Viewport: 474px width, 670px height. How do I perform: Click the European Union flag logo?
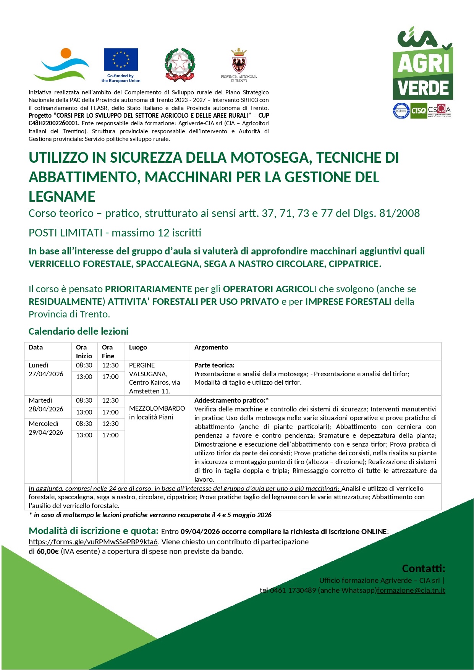tap(121, 60)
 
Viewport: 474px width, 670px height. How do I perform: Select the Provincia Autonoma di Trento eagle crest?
tap(239, 62)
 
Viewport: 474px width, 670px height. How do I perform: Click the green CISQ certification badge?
tap(418, 111)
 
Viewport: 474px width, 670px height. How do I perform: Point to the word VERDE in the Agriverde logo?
tap(423, 88)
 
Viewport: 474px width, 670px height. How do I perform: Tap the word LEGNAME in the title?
tap(62, 197)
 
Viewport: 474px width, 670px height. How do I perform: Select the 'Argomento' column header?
tap(211, 347)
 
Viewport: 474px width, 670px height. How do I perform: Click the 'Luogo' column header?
tap(138, 347)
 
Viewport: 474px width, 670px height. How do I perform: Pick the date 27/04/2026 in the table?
tap(46, 374)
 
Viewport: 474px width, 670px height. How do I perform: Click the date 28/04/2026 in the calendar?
tap(46, 409)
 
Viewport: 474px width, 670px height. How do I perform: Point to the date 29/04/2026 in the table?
tap(46, 432)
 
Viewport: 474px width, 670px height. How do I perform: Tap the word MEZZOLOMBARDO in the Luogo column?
tap(157, 408)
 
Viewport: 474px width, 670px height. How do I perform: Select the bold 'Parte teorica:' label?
tap(214, 365)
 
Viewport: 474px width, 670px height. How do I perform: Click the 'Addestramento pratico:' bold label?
tap(231, 400)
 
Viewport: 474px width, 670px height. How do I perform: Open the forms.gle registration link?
tap(93, 542)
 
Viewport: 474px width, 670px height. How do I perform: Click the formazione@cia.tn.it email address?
tap(411, 590)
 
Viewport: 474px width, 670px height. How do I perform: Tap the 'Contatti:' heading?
tap(424, 569)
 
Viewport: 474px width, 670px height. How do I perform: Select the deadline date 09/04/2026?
tap(200, 532)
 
